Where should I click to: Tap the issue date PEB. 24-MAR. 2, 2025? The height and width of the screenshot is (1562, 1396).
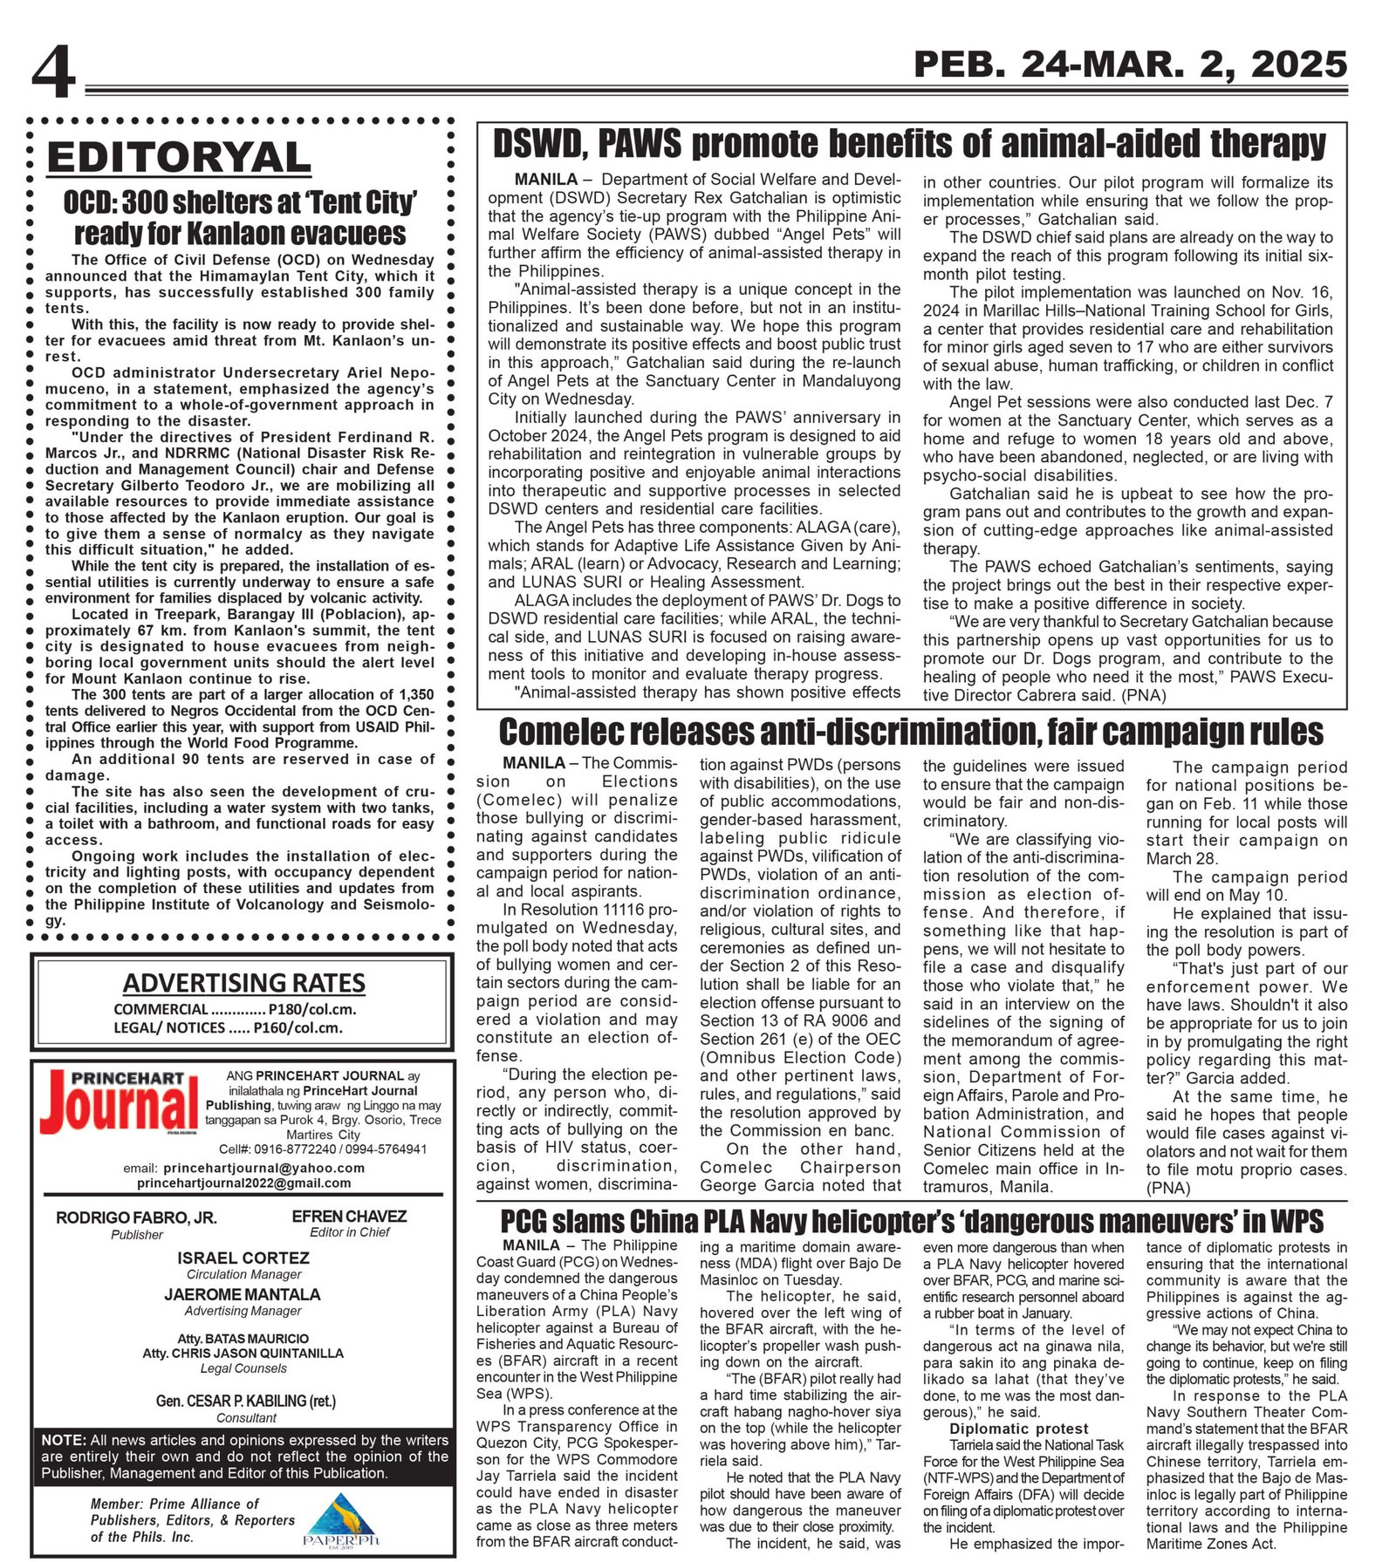pyautogui.click(x=1130, y=65)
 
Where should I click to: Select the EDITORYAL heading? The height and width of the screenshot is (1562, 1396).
pyautogui.click(x=179, y=158)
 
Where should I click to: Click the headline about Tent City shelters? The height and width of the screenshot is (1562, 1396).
pyautogui.click(x=240, y=218)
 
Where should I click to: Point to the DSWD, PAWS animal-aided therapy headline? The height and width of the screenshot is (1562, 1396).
pyautogui.click(x=909, y=144)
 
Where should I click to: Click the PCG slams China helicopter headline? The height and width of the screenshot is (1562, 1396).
pyautogui.click(x=912, y=1221)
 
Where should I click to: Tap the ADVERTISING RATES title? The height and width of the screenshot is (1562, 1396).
pyautogui.click(x=243, y=983)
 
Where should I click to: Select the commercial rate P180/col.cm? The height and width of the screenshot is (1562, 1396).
pyautogui.click(x=235, y=1009)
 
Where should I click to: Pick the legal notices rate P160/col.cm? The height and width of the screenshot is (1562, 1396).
pyautogui.click(x=228, y=1027)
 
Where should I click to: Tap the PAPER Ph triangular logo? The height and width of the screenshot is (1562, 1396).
pyautogui.click(x=341, y=1519)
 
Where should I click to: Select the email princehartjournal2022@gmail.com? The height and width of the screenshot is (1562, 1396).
pyautogui.click(x=243, y=1183)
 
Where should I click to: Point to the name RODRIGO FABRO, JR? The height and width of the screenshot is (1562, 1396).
pyautogui.click(x=136, y=1218)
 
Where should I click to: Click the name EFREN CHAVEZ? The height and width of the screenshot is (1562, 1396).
pyautogui.click(x=349, y=1216)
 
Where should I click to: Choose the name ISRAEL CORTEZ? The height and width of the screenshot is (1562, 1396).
pyautogui.click(x=243, y=1258)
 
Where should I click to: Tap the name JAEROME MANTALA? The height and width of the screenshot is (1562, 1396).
pyautogui.click(x=243, y=1294)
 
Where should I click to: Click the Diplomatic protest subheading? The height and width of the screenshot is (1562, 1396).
pyautogui.click(x=1018, y=1429)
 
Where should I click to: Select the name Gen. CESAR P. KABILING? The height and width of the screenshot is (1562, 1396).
pyautogui.click(x=245, y=1401)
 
